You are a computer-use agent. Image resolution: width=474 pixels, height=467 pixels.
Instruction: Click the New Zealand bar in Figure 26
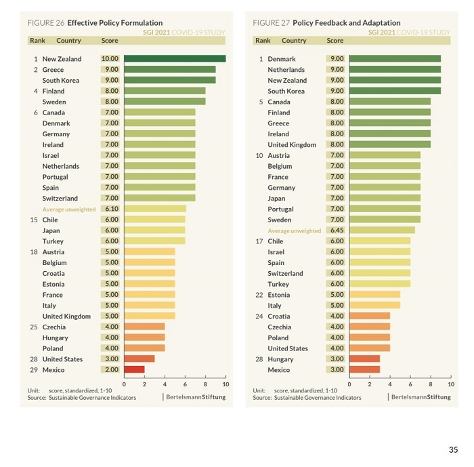pyautogui.click(x=175, y=59)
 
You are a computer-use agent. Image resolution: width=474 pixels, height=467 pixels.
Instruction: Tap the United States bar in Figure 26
pyautogui.click(x=139, y=359)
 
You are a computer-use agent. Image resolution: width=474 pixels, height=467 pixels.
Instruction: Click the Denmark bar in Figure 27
pyautogui.click(x=395, y=59)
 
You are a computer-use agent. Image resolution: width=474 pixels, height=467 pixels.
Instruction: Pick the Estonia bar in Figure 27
pyautogui.click(x=374, y=295)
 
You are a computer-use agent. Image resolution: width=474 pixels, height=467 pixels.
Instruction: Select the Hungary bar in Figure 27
pyautogui.click(x=364, y=359)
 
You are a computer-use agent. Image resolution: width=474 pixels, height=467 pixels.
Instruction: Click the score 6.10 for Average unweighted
pyautogui.click(x=110, y=209)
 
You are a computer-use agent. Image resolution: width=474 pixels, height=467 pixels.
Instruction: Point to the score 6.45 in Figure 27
pyautogui.click(x=335, y=230)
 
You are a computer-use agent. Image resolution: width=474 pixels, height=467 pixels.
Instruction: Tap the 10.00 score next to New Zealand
pyautogui.click(x=110, y=59)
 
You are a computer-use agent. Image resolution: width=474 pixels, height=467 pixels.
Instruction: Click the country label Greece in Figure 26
pyautogui.click(x=53, y=70)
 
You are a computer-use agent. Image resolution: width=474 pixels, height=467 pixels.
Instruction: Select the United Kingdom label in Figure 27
pyautogui.click(x=292, y=145)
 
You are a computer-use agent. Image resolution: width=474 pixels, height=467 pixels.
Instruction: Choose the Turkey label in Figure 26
pyautogui.click(x=53, y=241)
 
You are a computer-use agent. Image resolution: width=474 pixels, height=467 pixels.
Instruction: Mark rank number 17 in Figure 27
pyautogui.click(x=259, y=241)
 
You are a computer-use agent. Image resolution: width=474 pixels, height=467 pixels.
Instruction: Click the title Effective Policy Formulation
pyautogui.click(x=114, y=23)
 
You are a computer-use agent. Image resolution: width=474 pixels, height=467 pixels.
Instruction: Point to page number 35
pyautogui.click(x=453, y=449)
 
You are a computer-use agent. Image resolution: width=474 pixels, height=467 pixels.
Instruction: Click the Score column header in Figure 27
pyautogui.click(x=335, y=41)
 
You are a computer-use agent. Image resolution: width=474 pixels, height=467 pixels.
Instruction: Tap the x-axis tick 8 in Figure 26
pyautogui.click(x=205, y=384)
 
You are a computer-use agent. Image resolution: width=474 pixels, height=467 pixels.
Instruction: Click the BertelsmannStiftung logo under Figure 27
pyautogui.click(x=421, y=397)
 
